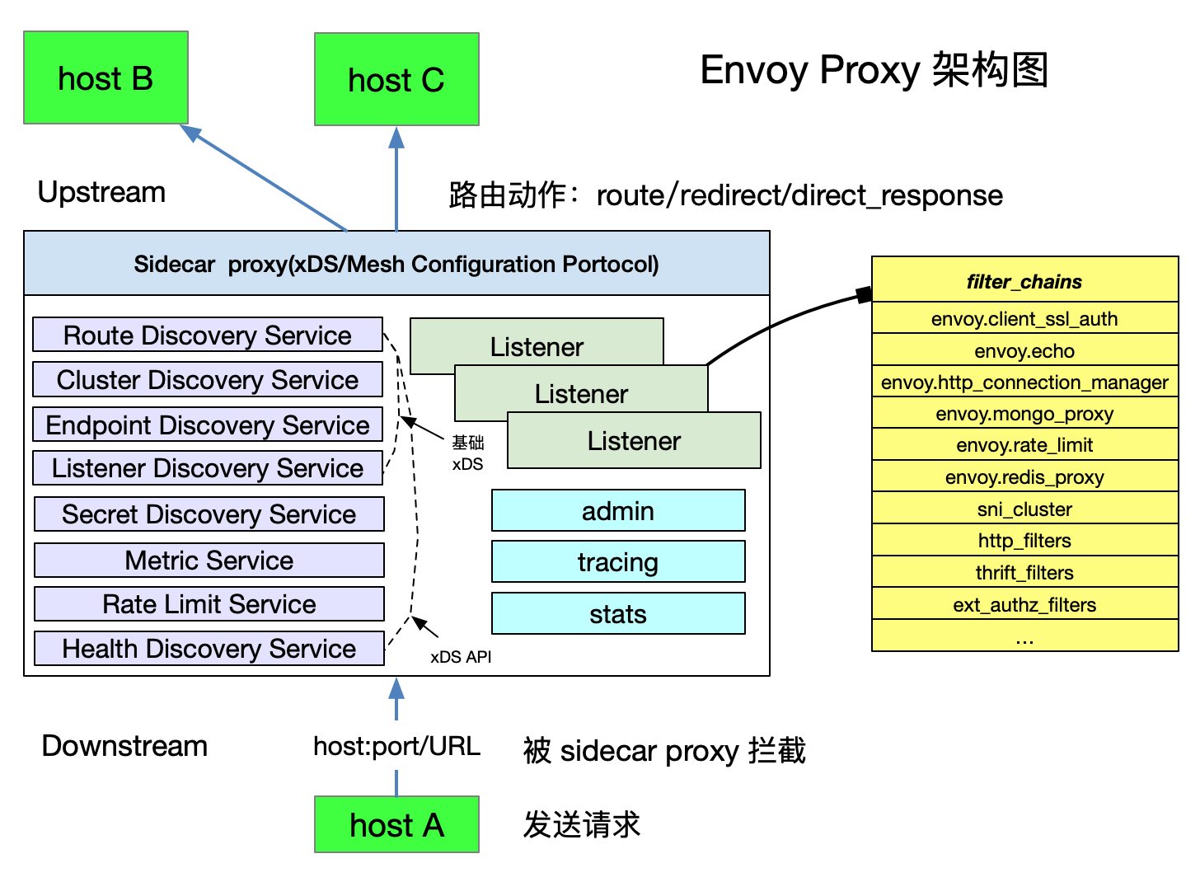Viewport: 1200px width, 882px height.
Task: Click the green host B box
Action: pos(105,78)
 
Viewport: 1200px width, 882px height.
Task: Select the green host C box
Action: pos(396,80)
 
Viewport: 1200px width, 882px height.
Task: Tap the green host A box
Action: pos(396,824)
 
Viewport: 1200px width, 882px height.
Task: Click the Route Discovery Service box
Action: pos(208,335)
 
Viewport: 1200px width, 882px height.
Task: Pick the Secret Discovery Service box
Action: pos(209,514)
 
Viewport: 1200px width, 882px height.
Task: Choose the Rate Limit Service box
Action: pos(209,603)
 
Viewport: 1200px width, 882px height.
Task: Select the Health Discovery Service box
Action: pos(209,648)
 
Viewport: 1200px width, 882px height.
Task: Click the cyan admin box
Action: pos(618,510)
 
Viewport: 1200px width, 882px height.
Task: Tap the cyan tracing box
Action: pos(618,561)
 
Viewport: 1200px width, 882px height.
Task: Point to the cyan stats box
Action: pos(618,613)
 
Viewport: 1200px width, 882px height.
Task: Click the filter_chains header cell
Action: pos(1024,281)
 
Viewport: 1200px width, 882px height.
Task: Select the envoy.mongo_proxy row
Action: pos(1024,413)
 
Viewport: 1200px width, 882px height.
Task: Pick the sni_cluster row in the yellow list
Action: pos(1024,509)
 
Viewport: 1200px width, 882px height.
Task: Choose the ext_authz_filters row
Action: pos(1024,604)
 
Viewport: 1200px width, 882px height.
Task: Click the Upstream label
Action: pos(101,192)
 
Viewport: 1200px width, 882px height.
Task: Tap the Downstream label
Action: pos(124,746)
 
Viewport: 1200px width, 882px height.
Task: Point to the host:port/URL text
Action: pos(396,746)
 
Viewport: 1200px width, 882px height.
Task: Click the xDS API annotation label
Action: pos(461,657)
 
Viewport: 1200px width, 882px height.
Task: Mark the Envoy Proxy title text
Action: pos(874,70)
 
